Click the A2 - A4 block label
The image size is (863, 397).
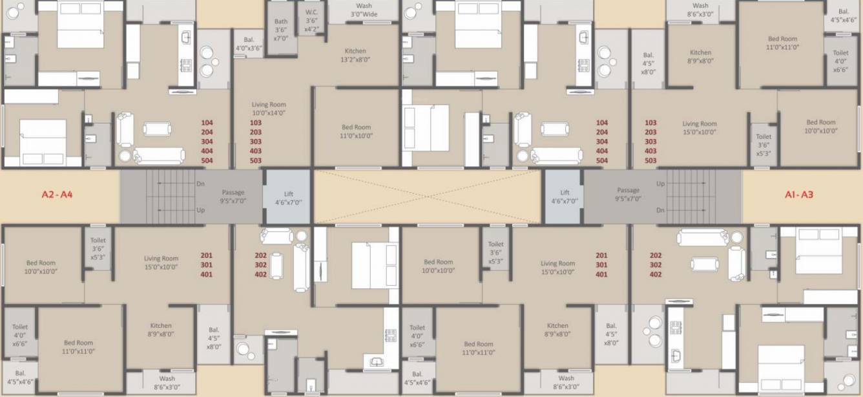pyautogui.click(x=56, y=193)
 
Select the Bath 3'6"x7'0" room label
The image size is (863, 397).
pyautogui.click(x=280, y=30)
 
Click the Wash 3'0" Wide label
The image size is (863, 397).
pyautogui.click(x=363, y=10)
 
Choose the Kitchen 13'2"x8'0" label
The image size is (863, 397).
pyautogui.click(x=355, y=55)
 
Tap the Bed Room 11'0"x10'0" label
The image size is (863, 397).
pyautogui.click(x=356, y=131)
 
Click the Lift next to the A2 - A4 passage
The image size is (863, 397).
pyautogui.click(x=289, y=198)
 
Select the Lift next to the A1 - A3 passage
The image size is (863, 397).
pyautogui.click(x=565, y=197)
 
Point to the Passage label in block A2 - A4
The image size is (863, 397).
pyautogui.click(x=233, y=196)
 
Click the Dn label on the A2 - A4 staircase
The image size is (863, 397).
pyautogui.click(x=201, y=184)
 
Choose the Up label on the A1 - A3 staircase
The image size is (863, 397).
pyautogui.click(x=660, y=184)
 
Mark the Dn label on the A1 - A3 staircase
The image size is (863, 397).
pyautogui.click(x=660, y=210)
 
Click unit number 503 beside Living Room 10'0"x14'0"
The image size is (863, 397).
pyautogui.click(x=256, y=160)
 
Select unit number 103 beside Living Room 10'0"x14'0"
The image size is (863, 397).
pyautogui.click(x=256, y=122)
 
